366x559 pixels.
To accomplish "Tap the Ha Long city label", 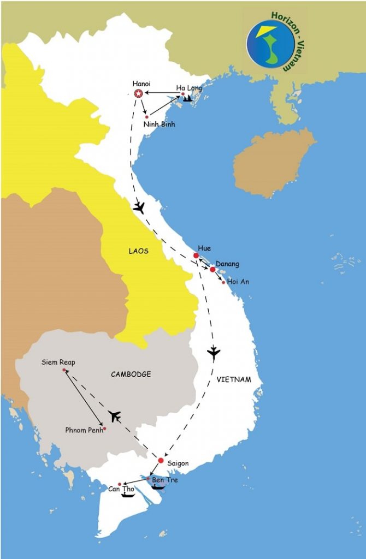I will pos(188,87).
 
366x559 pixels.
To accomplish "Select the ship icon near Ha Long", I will pos(188,99).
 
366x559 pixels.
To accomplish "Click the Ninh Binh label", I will pos(160,124).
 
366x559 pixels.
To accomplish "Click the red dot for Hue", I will pos(196,255).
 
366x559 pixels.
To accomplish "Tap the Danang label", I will pos(227,264).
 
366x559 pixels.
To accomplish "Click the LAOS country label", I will pos(138,251).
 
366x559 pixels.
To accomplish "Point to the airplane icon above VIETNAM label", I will pos(214,353).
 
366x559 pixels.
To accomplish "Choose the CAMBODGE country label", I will pos(131,374).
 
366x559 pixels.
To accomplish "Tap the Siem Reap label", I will pos(58,362).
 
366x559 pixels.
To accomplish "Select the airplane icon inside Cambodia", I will pos(114,417).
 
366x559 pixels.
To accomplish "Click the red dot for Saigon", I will pos(161,460).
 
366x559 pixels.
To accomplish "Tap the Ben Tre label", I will pos(164,480).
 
